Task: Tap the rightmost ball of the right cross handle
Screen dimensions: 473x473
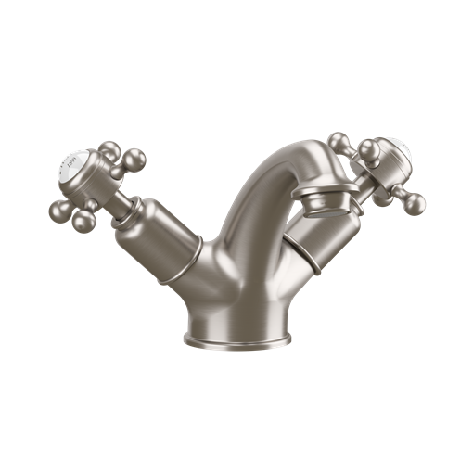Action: point(415,201)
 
